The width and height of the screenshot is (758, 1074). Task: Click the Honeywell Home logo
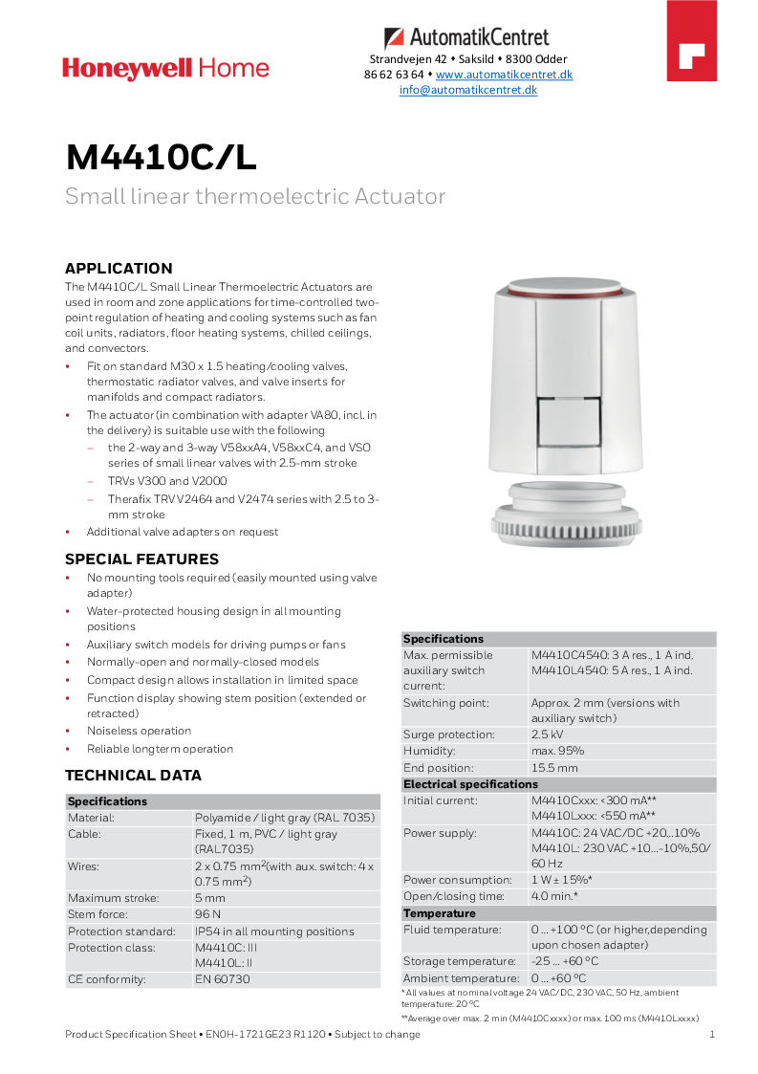pyautogui.click(x=165, y=69)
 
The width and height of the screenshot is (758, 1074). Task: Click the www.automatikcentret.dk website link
pyautogui.click(x=504, y=75)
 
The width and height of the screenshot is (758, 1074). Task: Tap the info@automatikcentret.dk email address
pyautogui.click(x=467, y=90)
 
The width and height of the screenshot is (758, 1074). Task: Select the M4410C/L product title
pyautogui.click(x=161, y=158)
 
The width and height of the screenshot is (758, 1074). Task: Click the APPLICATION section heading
pyautogui.click(x=119, y=269)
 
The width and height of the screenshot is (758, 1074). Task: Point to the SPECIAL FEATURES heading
pyautogui.click(x=141, y=559)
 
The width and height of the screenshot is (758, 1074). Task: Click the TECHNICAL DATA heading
pyautogui.click(x=133, y=776)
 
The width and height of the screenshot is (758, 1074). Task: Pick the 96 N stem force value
pyautogui.click(x=209, y=914)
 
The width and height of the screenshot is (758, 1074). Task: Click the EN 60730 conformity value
pyautogui.click(x=222, y=979)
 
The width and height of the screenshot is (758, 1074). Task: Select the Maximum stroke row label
pyautogui.click(x=113, y=898)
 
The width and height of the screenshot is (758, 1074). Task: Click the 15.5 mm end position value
pyautogui.click(x=554, y=768)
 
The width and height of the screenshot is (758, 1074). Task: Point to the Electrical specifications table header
pyautogui.click(x=470, y=784)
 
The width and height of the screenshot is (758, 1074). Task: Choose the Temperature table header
pyautogui.click(x=440, y=913)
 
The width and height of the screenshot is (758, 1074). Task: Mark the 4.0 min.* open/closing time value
pyautogui.click(x=554, y=896)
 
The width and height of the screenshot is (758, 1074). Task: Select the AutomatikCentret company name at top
pyautogui.click(x=479, y=38)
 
